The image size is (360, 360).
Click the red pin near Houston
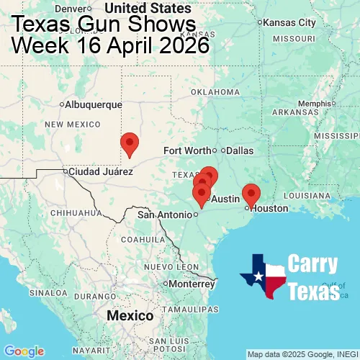click(x=251, y=194)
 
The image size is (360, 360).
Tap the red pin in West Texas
click(x=130, y=144)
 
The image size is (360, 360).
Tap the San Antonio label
click(x=167, y=215)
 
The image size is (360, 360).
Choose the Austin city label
click(x=225, y=199)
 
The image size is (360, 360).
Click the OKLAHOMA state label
click(x=215, y=92)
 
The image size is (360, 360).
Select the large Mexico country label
click(x=130, y=316)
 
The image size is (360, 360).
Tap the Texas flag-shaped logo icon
click(x=263, y=276)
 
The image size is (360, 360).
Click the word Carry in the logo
click(x=313, y=264)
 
